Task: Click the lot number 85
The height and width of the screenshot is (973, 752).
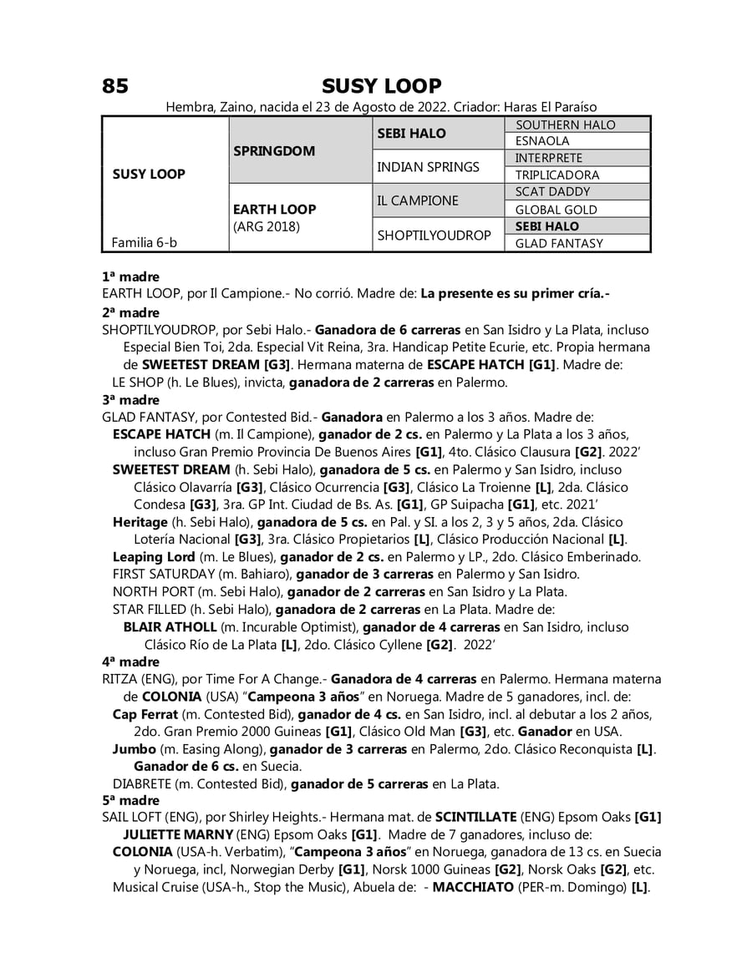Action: pyautogui.click(x=115, y=86)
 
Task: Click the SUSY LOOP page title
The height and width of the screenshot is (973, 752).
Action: pyautogui.click(x=381, y=86)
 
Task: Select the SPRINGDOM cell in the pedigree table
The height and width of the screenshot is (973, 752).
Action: pyautogui.click(x=274, y=151)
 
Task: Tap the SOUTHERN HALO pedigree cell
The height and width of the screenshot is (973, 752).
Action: pyautogui.click(x=565, y=125)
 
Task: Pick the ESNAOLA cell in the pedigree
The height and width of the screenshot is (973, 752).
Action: pyautogui.click(x=542, y=142)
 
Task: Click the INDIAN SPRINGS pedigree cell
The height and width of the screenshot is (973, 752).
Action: pyautogui.click(x=429, y=167)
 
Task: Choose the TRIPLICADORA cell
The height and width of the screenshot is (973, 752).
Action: pyautogui.click(x=557, y=175)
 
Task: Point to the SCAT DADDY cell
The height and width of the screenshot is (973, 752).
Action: pyautogui.click(x=552, y=192)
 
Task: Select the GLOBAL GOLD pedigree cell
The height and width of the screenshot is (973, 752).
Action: pyautogui.click(x=556, y=210)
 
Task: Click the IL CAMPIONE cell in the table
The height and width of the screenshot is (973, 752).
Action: pyautogui.click(x=418, y=201)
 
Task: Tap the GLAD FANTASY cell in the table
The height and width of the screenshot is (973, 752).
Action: pyautogui.click(x=559, y=244)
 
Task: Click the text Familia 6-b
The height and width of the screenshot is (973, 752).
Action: pyautogui.click(x=144, y=243)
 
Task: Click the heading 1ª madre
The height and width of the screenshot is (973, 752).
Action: pyautogui.click(x=130, y=276)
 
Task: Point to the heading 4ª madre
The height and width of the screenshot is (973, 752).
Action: pyautogui.click(x=130, y=661)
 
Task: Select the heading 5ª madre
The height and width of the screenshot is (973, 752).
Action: pyautogui.click(x=130, y=800)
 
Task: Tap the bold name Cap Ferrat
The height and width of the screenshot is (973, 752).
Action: pyautogui.click(x=145, y=714)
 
